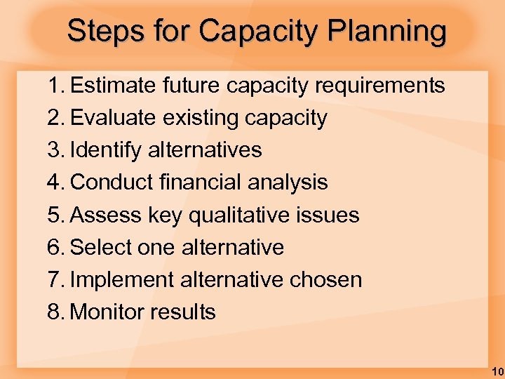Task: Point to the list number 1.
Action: [55, 86]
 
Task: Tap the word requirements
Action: [380, 86]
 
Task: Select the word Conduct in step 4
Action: [113, 182]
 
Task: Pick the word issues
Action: [330, 215]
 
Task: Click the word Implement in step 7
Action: [122, 279]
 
